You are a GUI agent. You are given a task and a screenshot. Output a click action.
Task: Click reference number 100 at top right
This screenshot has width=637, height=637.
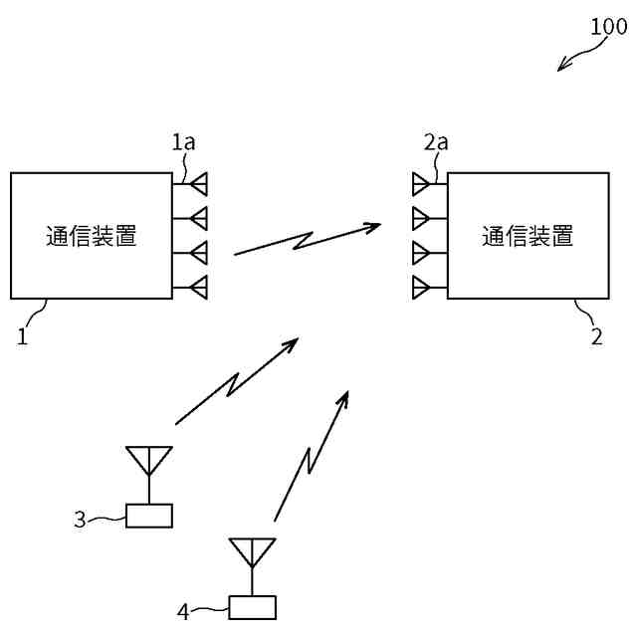pyautogui.click(x=609, y=27)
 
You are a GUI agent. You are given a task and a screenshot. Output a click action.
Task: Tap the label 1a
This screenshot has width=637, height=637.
pyautogui.click(x=183, y=142)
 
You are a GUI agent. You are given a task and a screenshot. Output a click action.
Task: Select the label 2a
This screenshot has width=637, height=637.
pyautogui.click(x=436, y=142)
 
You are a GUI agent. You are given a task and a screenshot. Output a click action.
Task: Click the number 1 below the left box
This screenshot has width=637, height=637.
pyautogui.click(x=22, y=336)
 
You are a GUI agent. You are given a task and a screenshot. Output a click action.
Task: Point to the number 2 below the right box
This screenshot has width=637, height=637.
pyautogui.click(x=597, y=336)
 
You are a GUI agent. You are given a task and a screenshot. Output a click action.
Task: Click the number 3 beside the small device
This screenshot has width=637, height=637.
pyautogui.click(x=81, y=519)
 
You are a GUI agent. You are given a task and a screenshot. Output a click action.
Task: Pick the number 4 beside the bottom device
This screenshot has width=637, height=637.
pyautogui.click(x=183, y=609)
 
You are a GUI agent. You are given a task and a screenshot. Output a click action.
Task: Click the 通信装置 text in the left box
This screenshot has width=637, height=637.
pyautogui.click(x=92, y=236)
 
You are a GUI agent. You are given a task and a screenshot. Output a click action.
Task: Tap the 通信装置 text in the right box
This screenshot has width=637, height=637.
pyautogui.click(x=528, y=236)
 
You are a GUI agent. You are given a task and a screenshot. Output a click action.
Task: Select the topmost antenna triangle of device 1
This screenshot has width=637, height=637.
pyautogui.click(x=198, y=183)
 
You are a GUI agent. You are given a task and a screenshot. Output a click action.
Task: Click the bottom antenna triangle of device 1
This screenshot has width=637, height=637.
pyautogui.click(x=198, y=288)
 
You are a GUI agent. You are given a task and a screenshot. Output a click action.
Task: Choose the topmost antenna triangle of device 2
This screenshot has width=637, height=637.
pyautogui.click(x=421, y=183)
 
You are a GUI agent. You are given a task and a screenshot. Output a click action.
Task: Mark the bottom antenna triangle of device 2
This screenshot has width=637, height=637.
pyautogui.click(x=421, y=288)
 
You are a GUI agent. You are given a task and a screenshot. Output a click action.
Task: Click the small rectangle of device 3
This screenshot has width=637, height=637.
pyautogui.click(x=149, y=516)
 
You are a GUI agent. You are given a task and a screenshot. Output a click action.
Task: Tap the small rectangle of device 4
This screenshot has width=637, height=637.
pyautogui.click(x=253, y=606)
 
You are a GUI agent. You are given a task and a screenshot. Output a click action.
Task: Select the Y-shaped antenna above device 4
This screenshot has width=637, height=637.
pyautogui.click(x=253, y=552)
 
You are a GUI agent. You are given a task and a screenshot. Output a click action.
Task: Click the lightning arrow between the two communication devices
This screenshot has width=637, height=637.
pyautogui.click(x=307, y=240)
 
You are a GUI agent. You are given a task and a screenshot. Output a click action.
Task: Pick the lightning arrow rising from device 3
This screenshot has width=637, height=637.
pyautogui.click(x=237, y=381)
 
